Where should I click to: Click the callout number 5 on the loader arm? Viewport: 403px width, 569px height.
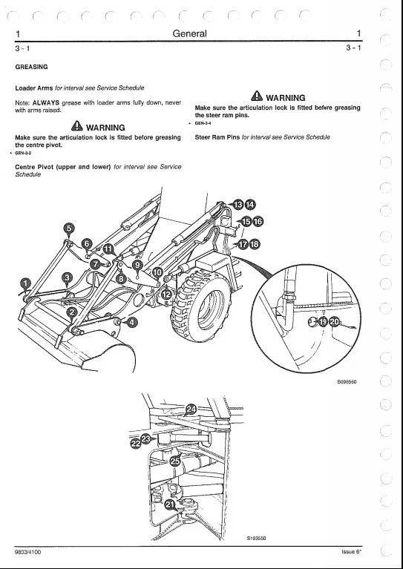[69, 228]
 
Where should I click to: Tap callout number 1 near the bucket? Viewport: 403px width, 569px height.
[25, 283]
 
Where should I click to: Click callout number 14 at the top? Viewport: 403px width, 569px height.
[250, 205]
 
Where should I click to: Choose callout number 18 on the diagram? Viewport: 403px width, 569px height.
[255, 244]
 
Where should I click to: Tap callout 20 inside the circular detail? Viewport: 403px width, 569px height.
[335, 322]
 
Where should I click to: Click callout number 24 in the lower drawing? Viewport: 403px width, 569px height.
[191, 410]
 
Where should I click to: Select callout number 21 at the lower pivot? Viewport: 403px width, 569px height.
[170, 504]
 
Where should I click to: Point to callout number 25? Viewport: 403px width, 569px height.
[175, 461]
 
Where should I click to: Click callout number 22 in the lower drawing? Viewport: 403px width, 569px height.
[135, 443]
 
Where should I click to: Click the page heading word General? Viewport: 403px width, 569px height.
[189, 33]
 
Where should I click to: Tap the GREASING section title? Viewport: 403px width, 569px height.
[31, 67]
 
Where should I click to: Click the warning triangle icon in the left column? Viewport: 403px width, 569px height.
[77, 125]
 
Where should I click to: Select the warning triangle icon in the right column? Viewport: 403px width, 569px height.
[257, 96]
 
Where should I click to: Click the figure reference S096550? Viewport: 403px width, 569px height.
[347, 382]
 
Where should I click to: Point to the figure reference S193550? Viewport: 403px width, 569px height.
[256, 538]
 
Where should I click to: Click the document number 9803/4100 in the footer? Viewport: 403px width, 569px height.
[28, 552]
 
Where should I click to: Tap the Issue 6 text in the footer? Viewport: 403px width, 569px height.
[352, 552]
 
